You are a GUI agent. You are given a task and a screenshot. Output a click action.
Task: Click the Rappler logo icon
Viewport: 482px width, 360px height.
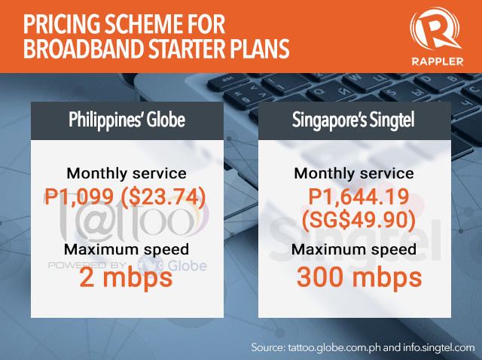tap(436, 32)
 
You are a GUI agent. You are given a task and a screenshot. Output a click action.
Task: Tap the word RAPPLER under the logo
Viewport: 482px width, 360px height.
tap(438, 62)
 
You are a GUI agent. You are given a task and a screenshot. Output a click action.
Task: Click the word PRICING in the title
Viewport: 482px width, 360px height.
tap(60, 24)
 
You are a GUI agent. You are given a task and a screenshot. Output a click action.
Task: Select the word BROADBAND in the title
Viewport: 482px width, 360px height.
tap(84, 48)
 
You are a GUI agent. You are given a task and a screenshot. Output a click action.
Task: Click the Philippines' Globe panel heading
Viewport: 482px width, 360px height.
tap(127, 120)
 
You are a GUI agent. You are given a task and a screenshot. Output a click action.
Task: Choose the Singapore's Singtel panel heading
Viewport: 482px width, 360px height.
tap(353, 120)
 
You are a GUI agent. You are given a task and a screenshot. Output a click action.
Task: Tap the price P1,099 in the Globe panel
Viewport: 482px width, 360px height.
tap(79, 197)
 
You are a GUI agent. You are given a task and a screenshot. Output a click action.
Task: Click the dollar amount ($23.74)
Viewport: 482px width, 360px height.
tap(163, 197)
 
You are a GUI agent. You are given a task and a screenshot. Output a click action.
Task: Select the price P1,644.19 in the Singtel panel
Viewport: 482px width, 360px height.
tap(358, 197)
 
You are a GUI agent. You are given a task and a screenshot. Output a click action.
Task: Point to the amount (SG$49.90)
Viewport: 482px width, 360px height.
tap(358, 221)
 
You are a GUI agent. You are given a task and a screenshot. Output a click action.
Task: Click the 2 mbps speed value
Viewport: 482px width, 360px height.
tap(126, 278)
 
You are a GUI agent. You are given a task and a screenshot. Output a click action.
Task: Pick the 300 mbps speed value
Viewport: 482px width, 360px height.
tap(359, 278)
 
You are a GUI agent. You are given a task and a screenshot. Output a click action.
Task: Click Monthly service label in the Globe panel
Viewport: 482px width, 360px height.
tap(127, 174)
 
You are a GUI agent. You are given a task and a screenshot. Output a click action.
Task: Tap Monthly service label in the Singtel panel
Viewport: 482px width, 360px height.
tap(354, 174)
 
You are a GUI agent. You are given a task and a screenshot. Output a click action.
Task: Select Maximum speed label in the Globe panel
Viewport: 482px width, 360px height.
tap(127, 249)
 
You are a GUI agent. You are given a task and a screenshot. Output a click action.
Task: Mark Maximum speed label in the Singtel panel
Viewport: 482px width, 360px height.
tap(354, 249)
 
